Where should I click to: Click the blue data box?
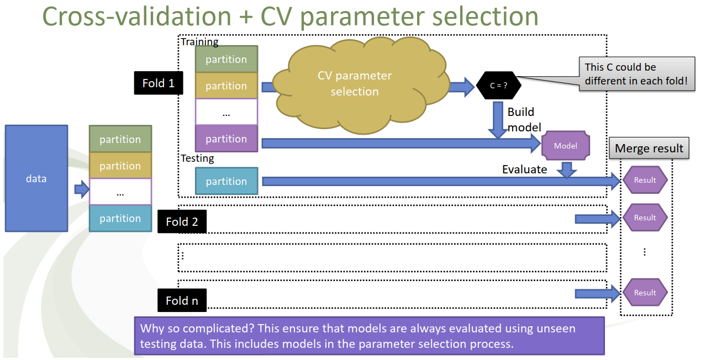[36, 178]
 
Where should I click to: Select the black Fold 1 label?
[159, 83]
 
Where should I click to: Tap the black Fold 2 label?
[182, 221]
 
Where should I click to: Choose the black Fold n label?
[182, 301]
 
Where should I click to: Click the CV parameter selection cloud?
[355, 84]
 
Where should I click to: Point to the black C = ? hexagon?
[498, 86]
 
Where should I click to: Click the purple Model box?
[566, 146]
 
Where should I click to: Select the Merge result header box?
[649, 149]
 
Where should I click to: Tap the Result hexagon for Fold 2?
[645, 218]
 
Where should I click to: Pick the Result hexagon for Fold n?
[645, 293]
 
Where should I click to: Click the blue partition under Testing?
[226, 181]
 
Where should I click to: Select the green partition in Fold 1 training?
[226, 60]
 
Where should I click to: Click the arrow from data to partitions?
[82, 190]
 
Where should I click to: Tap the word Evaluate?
[524, 170]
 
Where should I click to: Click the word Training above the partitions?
[199, 42]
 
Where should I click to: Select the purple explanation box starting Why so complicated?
[370, 336]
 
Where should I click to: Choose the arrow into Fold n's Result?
[597, 294]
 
